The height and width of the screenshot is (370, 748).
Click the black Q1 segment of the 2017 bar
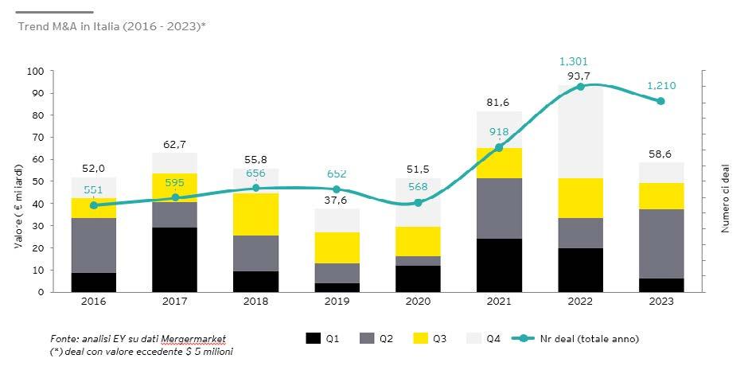point(175,259)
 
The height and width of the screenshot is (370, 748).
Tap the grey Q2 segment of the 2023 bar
point(661,243)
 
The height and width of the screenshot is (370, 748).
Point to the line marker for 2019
point(337,189)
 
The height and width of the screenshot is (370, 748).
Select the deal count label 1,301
point(574,61)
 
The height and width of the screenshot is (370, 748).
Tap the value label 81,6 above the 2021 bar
point(499,102)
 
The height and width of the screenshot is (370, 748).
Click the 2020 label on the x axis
point(418,302)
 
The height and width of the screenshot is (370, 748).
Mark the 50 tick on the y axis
point(37,181)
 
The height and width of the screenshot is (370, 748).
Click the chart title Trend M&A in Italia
point(111,26)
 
